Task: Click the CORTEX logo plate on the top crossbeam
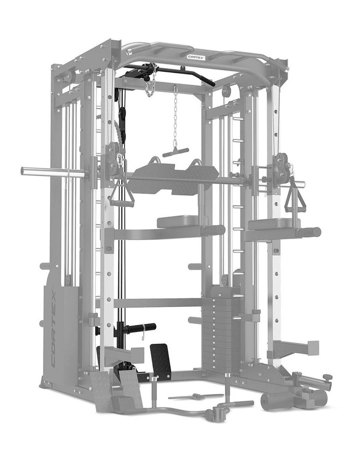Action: click(196, 57)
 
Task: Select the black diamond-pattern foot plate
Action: click(160, 360)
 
